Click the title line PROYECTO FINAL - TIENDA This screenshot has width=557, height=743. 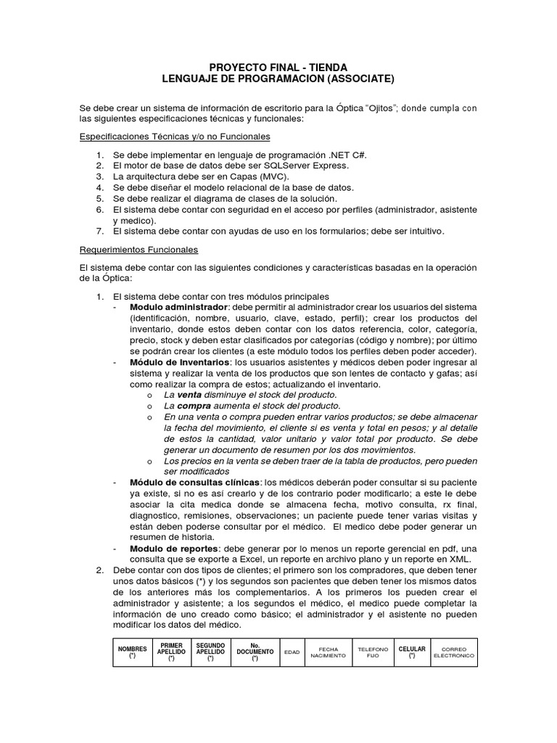coord(278,67)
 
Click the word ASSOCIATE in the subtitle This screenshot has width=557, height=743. coord(363,78)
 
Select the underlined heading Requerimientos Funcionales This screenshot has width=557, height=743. coord(139,250)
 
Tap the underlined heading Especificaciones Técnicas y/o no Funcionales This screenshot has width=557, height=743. coord(174,136)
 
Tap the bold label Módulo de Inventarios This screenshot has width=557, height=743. coord(179,361)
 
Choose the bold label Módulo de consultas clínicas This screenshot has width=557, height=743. coord(195,482)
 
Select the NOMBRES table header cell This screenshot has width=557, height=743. coord(133,652)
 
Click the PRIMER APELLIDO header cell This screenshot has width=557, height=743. coord(171,652)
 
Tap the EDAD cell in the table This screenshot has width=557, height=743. coord(292,652)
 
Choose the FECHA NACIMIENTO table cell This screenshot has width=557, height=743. coord(328,652)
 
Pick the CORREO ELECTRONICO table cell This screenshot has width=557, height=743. coord(453,652)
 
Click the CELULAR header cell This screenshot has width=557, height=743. coord(412,652)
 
